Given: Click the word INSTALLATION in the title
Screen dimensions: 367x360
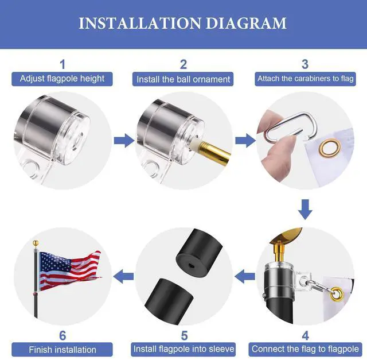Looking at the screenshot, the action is [140, 23].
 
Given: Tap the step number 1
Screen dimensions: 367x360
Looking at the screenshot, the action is [63, 64].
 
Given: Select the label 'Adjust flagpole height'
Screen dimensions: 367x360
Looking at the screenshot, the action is [62, 79].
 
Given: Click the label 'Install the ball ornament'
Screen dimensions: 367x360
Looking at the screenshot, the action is [183, 79].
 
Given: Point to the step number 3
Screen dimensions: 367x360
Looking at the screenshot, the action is [304, 64].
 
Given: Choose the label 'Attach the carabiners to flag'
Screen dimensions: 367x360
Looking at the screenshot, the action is [306, 79].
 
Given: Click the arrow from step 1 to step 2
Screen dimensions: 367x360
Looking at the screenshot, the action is [124, 141].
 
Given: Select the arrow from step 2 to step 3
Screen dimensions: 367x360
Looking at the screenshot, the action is [245, 141].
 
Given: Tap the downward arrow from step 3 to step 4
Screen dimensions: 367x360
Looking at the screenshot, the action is [305, 210].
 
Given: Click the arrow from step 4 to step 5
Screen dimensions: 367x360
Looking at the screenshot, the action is [245, 277].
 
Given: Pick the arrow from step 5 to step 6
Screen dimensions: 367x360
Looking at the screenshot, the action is [124, 277].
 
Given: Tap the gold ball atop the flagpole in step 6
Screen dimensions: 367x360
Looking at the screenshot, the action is [36, 242].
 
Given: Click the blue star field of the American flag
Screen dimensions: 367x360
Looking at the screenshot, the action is [54, 262].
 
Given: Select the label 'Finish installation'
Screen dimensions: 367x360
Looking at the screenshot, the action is [63, 350].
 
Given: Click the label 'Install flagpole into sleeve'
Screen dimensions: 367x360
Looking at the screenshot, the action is [183, 349].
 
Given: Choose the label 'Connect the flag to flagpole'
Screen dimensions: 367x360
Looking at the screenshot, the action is [305, 349].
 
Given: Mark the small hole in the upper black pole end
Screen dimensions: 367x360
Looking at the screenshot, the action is [190, 265].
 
